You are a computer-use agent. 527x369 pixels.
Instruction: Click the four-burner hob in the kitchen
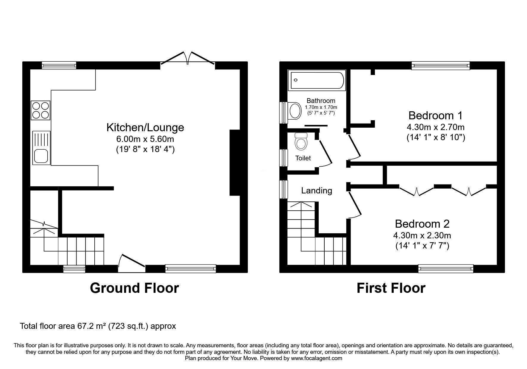coord(40,110)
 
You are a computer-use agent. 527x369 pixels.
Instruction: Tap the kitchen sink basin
coord(40,156)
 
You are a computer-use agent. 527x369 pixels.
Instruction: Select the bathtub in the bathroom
coord(317,80)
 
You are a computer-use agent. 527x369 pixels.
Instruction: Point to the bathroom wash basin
coord(295,111)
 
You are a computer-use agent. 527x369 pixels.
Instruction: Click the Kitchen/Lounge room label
coord(145,127)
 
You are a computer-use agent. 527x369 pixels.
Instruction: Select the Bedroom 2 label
coord(422,223)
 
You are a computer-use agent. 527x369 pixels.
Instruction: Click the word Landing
coord(317,190)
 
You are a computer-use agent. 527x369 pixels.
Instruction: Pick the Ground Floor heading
coord(135,288)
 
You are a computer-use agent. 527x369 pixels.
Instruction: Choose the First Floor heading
coord(391,288)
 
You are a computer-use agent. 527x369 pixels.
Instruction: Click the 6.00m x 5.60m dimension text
coord(145,139)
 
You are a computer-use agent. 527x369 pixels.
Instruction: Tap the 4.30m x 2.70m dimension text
coord(436,127)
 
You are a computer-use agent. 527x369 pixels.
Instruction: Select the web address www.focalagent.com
coord(316,358)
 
